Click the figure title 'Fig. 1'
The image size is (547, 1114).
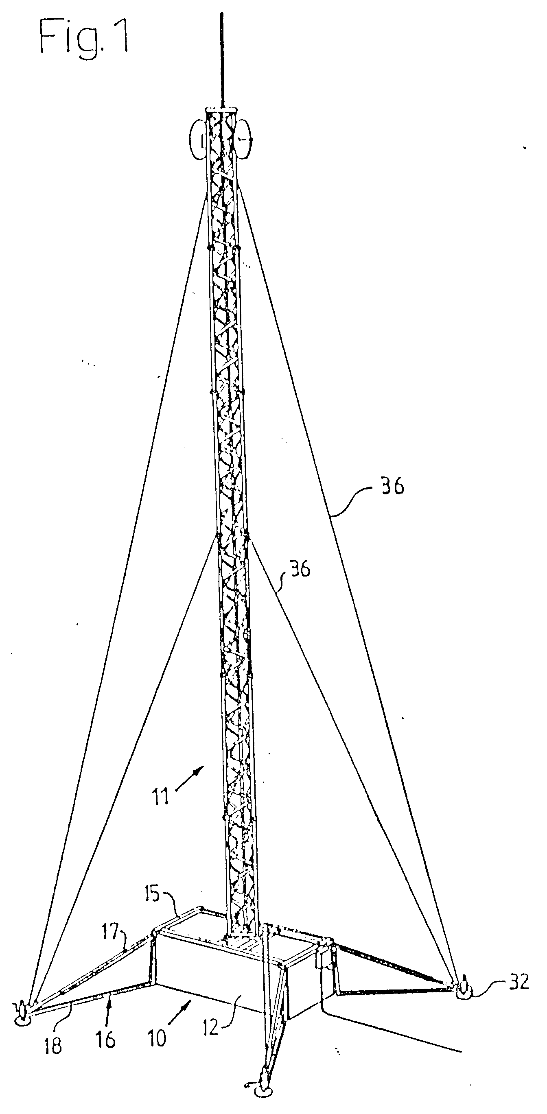[83, 37]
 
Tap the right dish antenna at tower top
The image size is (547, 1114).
[244, 139]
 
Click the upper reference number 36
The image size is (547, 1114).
[392, 486]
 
